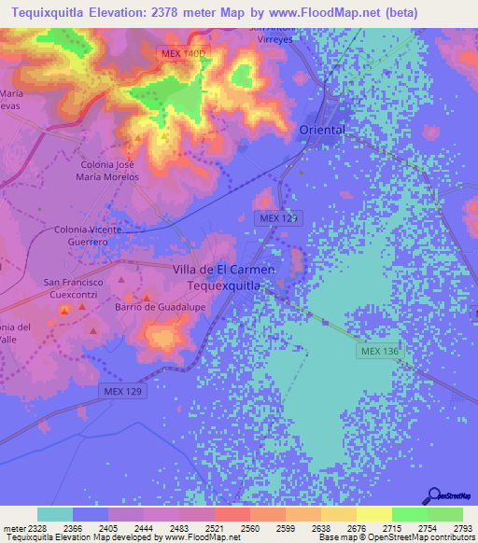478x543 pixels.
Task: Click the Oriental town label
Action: point(322,130)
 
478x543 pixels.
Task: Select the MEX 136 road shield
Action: point(378,351)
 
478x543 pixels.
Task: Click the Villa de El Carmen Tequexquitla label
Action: point(223,277)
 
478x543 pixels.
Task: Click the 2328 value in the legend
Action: point(37,527)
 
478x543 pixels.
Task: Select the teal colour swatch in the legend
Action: point(54,514)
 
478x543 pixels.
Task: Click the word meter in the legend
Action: point(13,527)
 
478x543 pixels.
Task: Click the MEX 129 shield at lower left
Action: point(123,391)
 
